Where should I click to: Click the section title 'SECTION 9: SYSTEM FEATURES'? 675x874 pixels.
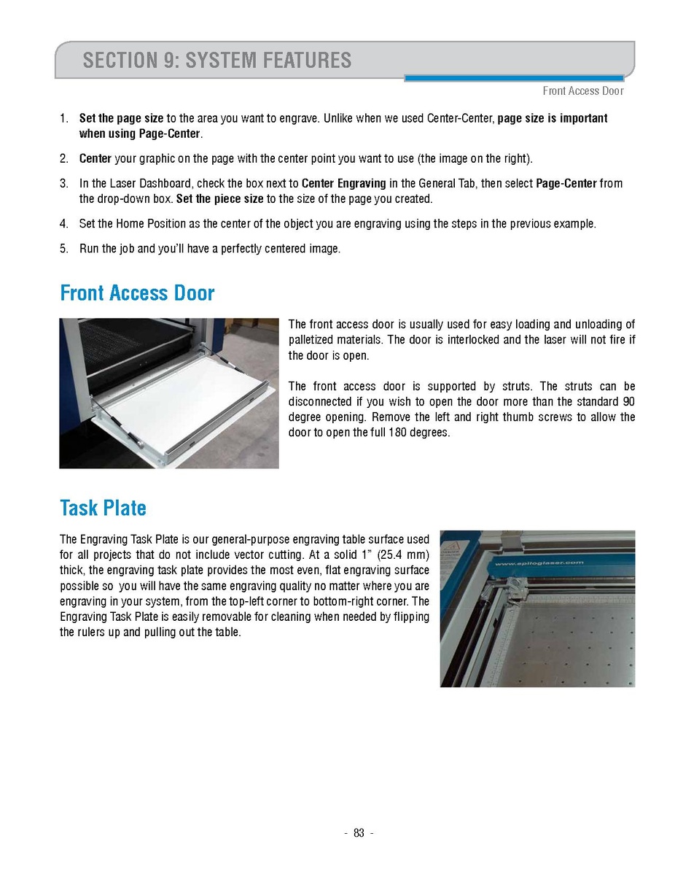(x=216, y=60)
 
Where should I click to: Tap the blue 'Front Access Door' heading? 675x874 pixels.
(x=137, y=293)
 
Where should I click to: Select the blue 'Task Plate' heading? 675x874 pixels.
(x=103, y=508)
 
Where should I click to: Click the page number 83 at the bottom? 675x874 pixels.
(x=359, y=834)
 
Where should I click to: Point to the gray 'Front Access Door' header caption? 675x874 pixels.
(x=582, y=91)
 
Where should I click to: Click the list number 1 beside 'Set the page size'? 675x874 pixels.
(x=64, y=118)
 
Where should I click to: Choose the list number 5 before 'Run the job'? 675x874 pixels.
(x=64, y=249)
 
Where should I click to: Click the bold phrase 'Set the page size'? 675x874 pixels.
(x=121, y=118)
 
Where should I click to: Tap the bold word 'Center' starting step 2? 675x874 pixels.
(x=95, y=158)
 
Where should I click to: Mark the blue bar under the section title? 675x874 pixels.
(x=513, y=78)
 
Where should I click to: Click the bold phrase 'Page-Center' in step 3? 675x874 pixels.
(x=566, y=183)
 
